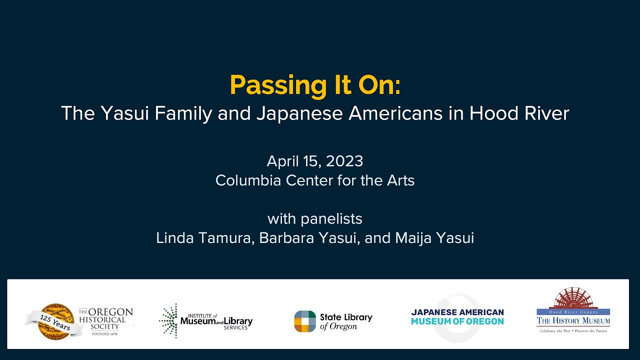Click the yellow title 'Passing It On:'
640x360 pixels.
click(x=315, y=86)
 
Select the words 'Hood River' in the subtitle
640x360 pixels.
click(x=519, y=113)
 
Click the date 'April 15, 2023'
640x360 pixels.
click(x=315, y=161)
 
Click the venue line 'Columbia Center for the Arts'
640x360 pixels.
click(x=315, y=180)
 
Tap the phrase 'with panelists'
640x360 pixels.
click(x=315, y=219)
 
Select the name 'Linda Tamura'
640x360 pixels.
click(x=205, y=238)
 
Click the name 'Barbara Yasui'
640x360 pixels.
click(x=308, y=238)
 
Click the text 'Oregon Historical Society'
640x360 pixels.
click(x=105, y=319)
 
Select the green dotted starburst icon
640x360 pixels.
click(x=168, y=320)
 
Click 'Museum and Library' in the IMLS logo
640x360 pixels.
click(x=216, y=321)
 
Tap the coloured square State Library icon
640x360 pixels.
click(x=305, y=321)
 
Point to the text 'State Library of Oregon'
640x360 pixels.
click(x=346, y=321)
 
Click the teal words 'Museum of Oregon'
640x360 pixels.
click(x=457, y=321)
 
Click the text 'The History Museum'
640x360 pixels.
click(x=573, y=320)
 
